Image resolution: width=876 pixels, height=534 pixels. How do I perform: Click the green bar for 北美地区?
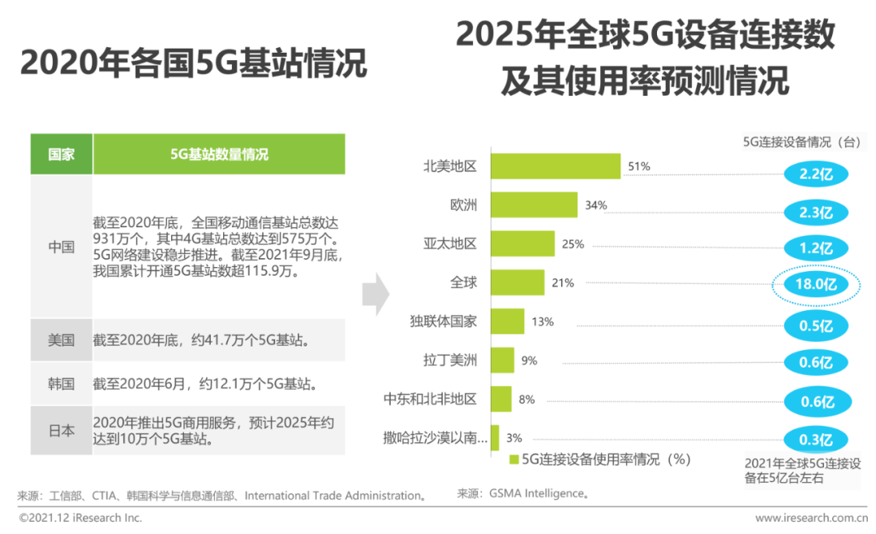(556, 166)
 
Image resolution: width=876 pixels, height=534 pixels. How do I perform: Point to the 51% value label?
(639, 166)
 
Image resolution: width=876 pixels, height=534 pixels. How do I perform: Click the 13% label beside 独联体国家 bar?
(543, 321)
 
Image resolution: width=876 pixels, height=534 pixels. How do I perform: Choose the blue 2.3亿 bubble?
(816, 213)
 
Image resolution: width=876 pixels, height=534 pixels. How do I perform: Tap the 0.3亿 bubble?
(816, 440)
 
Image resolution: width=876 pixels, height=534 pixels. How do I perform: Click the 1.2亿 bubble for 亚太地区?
(816, 248)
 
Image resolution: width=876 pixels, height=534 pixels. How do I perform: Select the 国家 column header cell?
(62, 154)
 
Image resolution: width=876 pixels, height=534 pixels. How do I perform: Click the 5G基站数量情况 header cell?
(219, 154)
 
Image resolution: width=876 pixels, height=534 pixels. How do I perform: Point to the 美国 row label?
(62, 340)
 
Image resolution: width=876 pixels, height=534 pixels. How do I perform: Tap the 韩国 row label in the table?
(62, 383)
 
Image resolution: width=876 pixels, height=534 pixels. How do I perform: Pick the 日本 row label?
(62, 431)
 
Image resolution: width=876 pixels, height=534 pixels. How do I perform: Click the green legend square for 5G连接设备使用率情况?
(513, 460)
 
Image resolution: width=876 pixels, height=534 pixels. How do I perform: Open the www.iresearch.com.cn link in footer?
(806, 518)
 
